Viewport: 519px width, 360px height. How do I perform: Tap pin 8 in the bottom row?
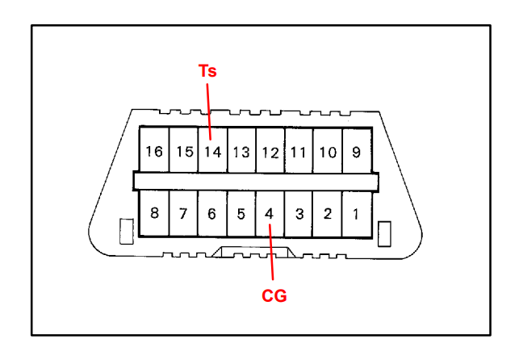pos(154,213)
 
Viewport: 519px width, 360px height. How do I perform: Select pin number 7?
pos(183,213)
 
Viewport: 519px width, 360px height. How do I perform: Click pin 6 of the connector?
pos(211,214)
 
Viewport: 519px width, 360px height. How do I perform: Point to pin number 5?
pos(241,214)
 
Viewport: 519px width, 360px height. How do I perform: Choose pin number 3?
pos(299,214)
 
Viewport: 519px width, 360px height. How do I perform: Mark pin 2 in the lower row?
pos(328,214)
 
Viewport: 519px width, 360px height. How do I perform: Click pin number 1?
pos(356,214)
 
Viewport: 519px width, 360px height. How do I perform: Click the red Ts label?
pos(207,71)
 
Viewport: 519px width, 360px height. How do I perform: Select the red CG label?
pos(274,295)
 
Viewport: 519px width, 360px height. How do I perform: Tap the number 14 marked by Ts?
pos(212,152)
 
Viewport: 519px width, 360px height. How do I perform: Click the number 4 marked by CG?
pos(270,214)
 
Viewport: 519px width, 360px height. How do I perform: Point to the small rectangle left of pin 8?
pos(127,232)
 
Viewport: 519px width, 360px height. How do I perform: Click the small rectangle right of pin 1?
pos(384,234)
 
